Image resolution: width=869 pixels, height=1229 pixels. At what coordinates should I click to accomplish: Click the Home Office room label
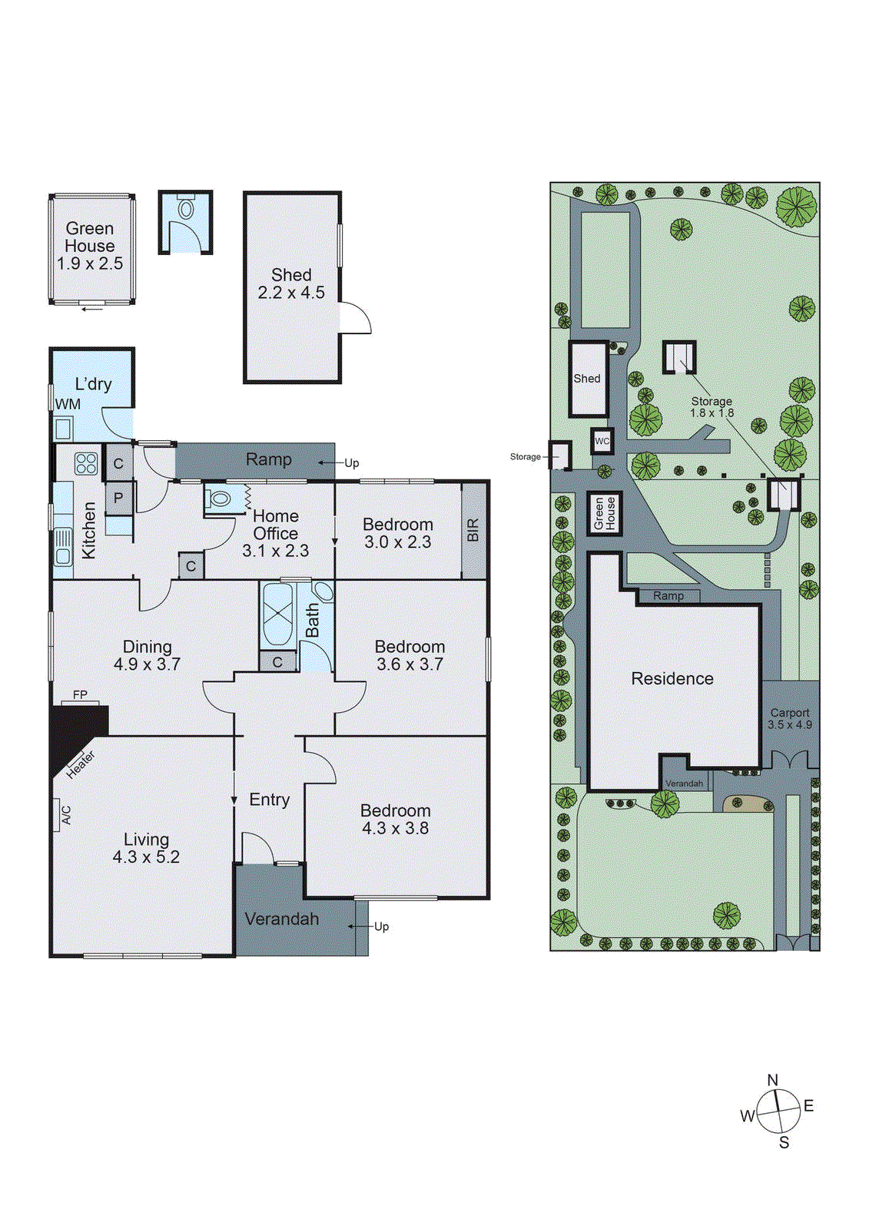(x=275, y=533)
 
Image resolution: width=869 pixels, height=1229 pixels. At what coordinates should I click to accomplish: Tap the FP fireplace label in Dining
(x=80, y=694)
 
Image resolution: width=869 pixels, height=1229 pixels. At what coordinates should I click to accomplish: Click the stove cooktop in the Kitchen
(x=86, y=463)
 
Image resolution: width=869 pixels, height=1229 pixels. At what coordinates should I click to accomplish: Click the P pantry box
(x=118, y=498)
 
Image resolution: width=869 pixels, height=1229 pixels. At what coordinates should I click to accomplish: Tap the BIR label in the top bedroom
(x=473, y=530)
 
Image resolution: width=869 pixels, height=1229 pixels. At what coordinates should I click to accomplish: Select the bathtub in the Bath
(x=277, y=614)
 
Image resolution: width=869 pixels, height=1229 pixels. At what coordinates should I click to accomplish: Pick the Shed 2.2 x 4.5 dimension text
(x=291, y=293)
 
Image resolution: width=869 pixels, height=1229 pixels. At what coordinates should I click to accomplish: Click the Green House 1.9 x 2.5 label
(x=90, y=246)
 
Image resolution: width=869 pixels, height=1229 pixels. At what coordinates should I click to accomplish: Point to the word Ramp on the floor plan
(x=268, y=459)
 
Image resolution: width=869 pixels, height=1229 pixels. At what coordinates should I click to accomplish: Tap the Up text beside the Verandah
(x=382, y=926)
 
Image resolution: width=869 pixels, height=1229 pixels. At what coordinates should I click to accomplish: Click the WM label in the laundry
(x=68, y=404)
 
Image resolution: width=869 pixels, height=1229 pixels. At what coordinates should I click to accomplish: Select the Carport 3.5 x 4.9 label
(x=790, y=718)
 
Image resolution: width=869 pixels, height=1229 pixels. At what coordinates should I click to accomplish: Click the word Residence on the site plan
(x=672, y=678)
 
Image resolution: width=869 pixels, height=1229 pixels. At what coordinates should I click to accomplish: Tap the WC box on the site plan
(x=602, y=441)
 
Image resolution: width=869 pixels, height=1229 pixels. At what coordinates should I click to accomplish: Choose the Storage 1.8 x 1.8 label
(x=711, y=406)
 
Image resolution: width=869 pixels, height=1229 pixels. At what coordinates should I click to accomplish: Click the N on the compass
(x=773, y=1080)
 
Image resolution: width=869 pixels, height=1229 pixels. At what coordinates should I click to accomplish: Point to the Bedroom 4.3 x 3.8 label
(x=395, y=819)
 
